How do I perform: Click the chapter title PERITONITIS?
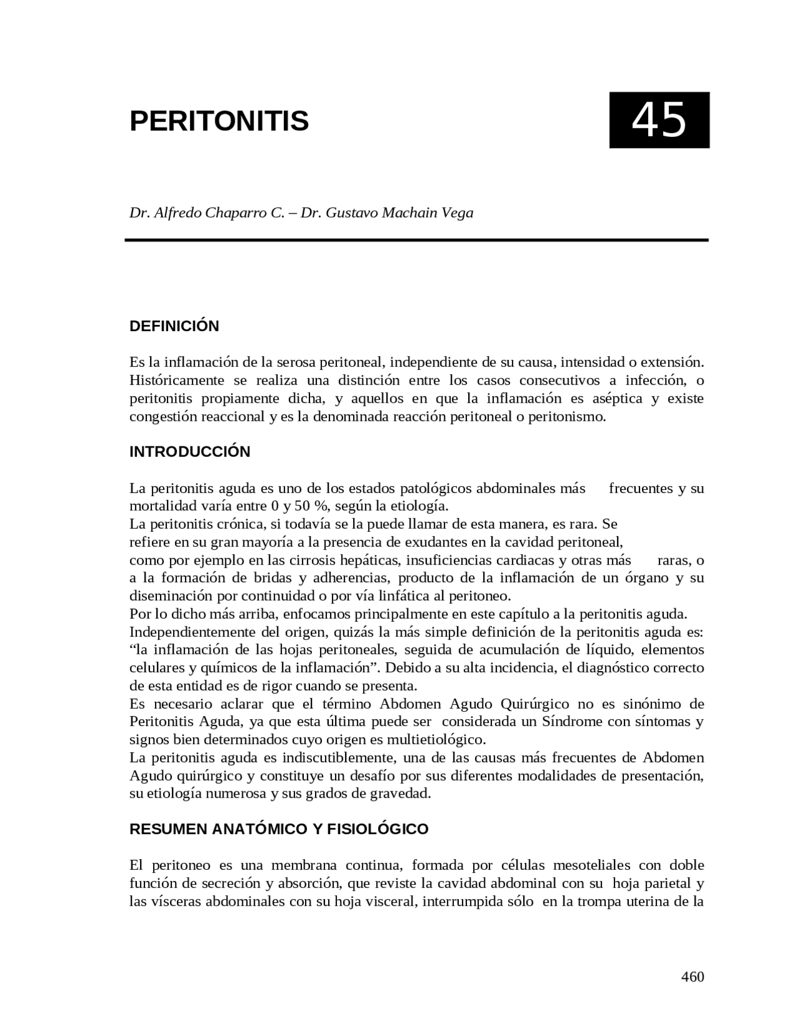[x=219, y=121]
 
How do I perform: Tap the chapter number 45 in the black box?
[x=659, y=120]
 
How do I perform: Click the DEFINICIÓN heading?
[x=174, y=326]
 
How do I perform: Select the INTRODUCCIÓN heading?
[x=190, y=452]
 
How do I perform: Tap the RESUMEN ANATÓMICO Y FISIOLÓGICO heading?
[x=279, y=829]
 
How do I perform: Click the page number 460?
[x=692, y=976]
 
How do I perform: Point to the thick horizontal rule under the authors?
[x=417, y=240]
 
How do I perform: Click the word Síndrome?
[x=572, y=722]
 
